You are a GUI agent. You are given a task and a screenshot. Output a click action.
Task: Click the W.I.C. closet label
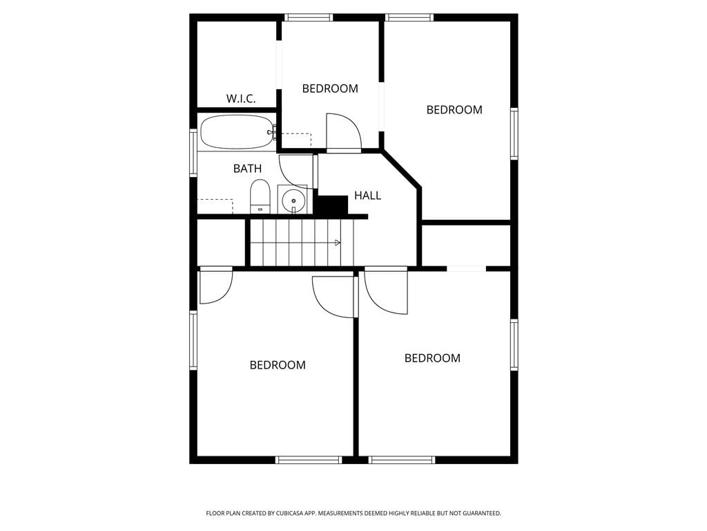pos(241,98)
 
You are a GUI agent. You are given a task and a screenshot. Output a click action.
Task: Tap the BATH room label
pos(247,169)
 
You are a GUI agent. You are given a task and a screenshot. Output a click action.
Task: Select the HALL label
pos(367,196)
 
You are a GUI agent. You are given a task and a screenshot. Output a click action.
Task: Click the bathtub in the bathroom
pos(238,132)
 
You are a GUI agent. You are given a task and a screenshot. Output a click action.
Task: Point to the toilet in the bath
pos(260,196)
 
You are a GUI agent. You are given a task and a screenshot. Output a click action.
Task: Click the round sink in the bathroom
pos(293,200)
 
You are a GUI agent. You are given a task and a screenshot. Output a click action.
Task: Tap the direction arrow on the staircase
pos(338,243)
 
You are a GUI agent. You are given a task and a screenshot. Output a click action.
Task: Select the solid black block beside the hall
pos(331,205)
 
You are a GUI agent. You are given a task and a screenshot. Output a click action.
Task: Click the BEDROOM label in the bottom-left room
pos(278,365)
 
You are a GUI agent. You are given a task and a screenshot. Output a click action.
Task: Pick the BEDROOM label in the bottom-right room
pos(432,358)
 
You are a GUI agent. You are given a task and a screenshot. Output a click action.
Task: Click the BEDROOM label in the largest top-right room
pos(454,110)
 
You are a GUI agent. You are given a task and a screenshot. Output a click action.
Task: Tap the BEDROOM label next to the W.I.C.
pos(330,88)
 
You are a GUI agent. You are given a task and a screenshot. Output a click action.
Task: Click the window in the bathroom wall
pos(193,152)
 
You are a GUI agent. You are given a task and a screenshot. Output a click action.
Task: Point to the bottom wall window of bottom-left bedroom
pos(309,460)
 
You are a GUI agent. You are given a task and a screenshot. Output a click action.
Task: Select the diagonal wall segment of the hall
pos(401,169)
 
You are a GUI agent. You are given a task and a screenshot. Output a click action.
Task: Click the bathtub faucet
pos(272,133)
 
